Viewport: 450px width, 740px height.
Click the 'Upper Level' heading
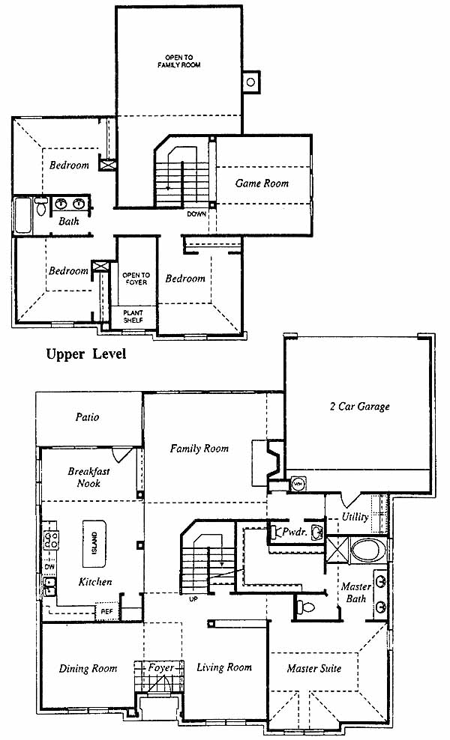point(86,354)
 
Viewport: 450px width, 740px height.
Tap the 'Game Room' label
point(262,184)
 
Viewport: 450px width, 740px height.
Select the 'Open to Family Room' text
point(179,61)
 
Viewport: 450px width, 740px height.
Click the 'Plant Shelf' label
point(133,316)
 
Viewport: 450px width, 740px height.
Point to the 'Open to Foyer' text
point(136,279)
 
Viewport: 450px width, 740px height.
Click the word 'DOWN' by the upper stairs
point(196,213)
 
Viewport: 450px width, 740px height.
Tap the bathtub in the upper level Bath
point(22,215)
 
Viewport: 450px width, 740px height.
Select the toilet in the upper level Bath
point(41,206)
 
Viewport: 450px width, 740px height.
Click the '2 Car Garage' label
point(360,407)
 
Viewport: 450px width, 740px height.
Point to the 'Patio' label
point(88,416)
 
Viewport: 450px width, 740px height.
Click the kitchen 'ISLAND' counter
point(94,544)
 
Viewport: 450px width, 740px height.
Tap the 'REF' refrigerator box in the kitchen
point(107,611)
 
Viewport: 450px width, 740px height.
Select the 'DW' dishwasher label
point(49,566)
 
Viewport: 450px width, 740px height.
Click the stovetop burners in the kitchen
point(51,540)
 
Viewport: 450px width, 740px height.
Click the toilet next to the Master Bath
point(307,606)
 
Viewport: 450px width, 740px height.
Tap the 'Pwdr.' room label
point(295,532)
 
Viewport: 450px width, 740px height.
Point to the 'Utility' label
point(355,517)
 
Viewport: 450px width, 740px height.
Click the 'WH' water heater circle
point(298,484)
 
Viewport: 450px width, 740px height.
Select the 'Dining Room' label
point(88,668)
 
